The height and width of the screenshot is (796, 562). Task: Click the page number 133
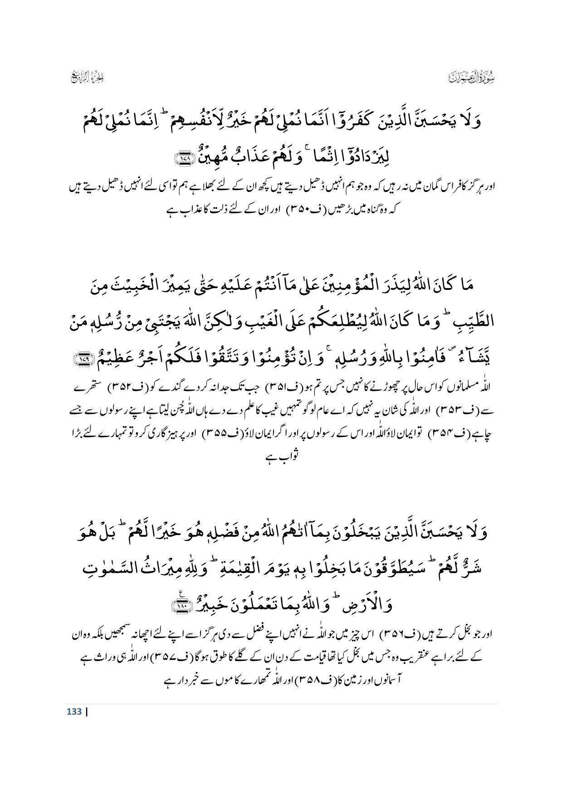(73, 711)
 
